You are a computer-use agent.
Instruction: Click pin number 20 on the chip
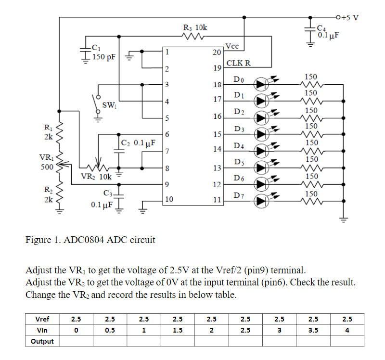(x=217, y=52)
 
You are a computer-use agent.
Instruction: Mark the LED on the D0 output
(x=261, y=85)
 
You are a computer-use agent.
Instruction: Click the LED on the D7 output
(x=261, y=201)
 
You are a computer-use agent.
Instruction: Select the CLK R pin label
(x=238, y=64)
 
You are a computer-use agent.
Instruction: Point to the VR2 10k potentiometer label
(x=96, y=176)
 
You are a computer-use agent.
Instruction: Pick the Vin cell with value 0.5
(x=110, y=330)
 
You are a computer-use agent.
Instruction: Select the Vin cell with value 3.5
(x=313, y=330)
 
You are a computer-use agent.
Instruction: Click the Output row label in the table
(x=42, y=341)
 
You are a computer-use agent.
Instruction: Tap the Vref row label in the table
(x=42, y=319)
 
